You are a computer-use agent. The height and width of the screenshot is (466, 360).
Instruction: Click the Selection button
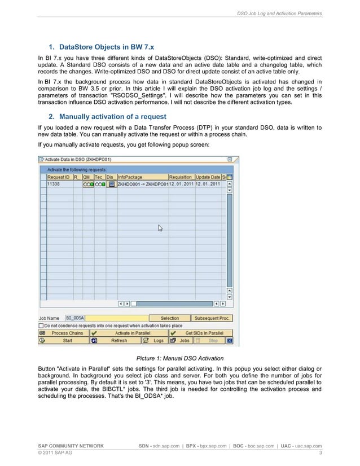pyautogui.click(x=169, y=318)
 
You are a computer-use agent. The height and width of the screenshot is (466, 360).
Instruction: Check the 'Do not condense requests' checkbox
pyautogui.click(x=41, y=326)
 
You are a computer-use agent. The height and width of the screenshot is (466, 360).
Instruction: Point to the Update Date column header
pyautogui.click(x=207, y=177)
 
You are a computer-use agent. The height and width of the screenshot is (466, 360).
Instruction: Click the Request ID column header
pyautogui.click(x=59, y=177)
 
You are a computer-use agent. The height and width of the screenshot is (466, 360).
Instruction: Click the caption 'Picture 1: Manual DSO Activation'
pyautogui.click(x=180, y=358)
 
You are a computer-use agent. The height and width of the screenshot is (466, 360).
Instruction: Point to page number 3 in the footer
pyautogui.click(x=320, y=453)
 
